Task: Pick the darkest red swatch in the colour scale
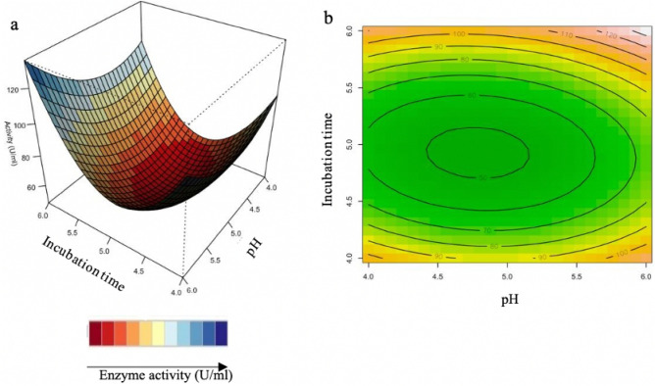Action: pos(94,333)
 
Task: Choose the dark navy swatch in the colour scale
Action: pos(222,333)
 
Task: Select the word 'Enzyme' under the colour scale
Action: pos(118,374)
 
